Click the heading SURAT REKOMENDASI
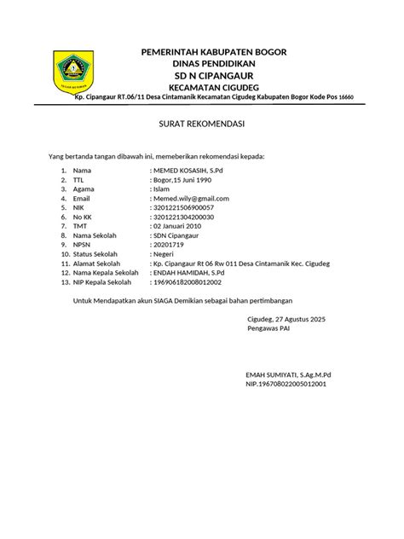pyautogui.click(x=202, y=125)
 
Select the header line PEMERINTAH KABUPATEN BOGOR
pyautogui.click(x=214, y=53)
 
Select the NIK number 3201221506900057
pyautogui.click(x=183, y=208)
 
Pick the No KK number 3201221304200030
pyautogui.click(x=183, y=217)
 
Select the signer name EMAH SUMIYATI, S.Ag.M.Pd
pyautogui.click(x=288, y=375)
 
